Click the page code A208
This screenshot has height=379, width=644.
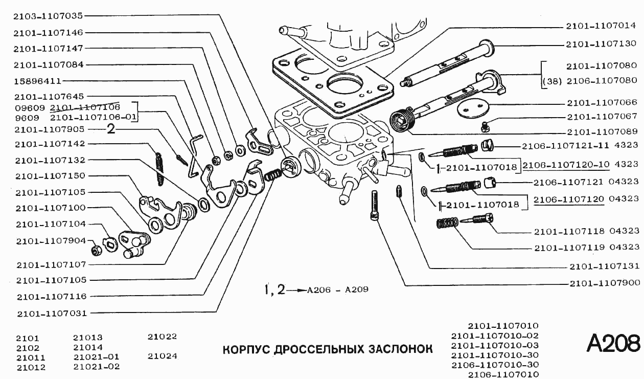point(613,344)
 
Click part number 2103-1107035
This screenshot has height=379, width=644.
point(49,16)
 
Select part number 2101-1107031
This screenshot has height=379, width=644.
point(51,313)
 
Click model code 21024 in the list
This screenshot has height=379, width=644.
point(162,356)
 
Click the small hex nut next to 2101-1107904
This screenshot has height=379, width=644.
point(95,250)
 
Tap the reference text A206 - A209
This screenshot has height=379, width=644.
point(337,289)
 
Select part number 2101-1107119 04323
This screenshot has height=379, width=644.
point(586,248)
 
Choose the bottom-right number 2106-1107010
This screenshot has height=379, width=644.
point(503,374)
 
